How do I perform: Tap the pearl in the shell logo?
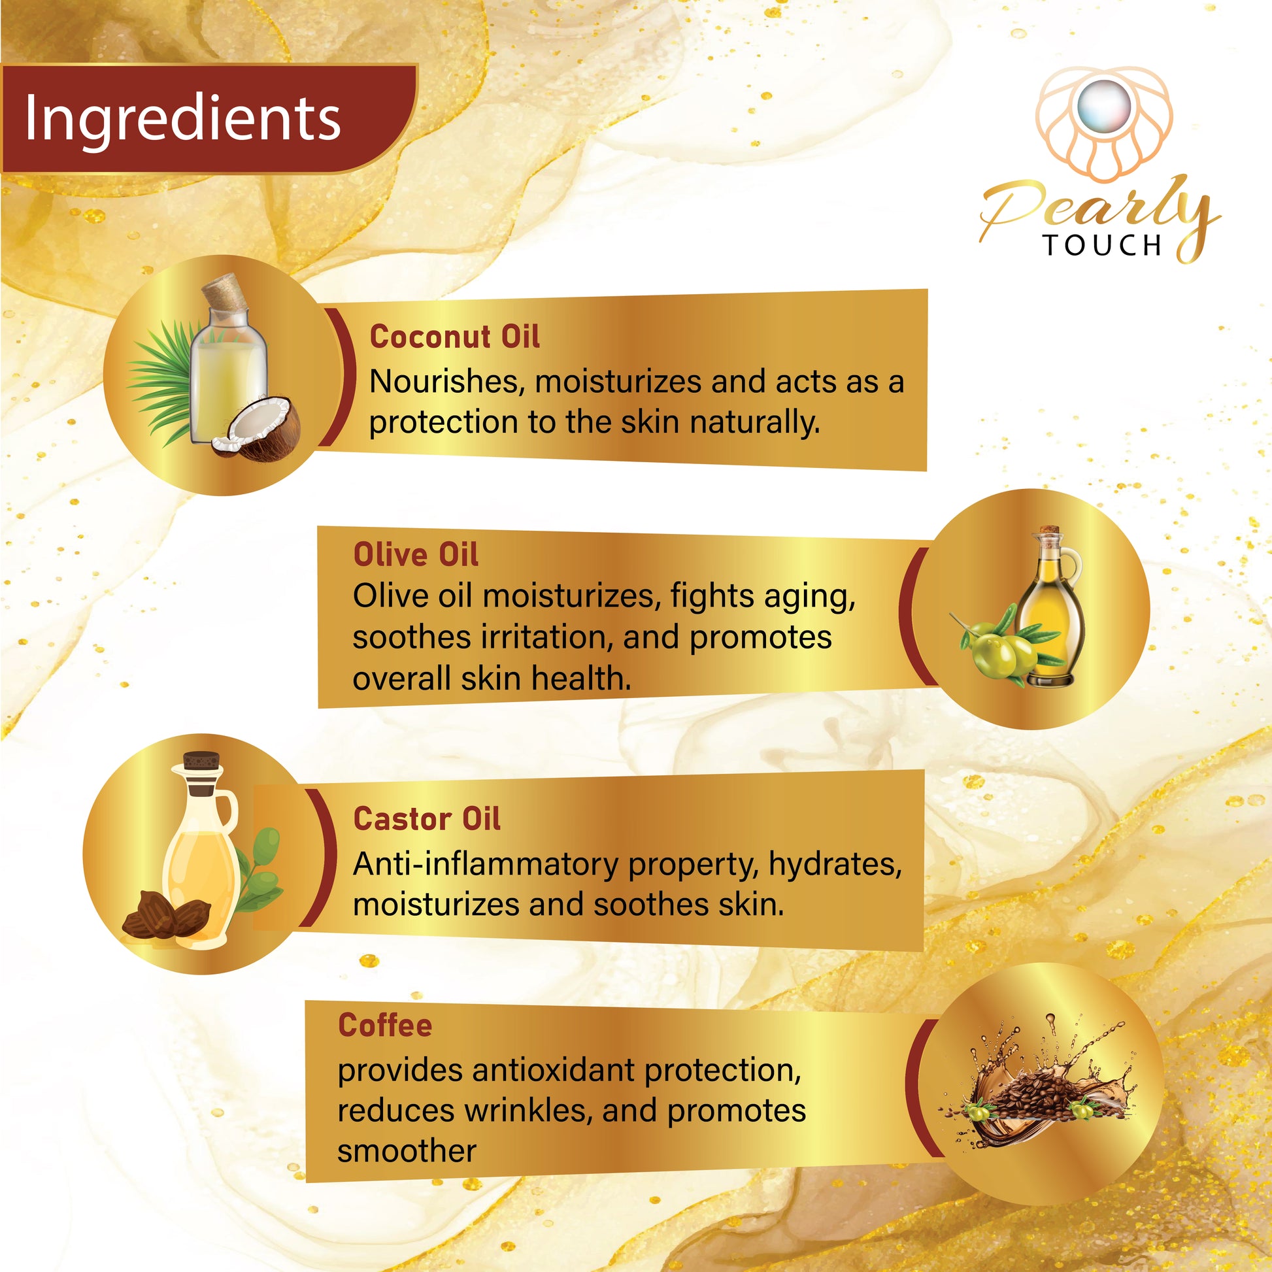coord(1104,108)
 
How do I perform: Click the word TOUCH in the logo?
coord(1103,245)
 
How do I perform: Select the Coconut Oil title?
coord(454,337)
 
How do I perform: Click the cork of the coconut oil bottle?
coord(224,293)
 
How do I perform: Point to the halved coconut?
coord(258,429)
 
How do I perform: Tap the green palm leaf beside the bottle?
coord(162,382)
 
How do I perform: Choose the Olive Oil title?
coord(416,554)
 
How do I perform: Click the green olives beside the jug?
coord(1001,648)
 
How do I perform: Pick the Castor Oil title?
coord(427,819)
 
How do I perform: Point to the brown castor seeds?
coord(166,914)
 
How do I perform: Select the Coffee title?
coord(385,1025)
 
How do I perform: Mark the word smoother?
coord(406,1152)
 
